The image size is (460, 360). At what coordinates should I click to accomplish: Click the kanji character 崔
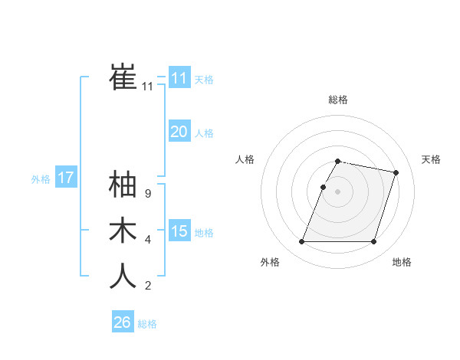click(x=123, y=77)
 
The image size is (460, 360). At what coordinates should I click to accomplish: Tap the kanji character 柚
click(x=123, y=185)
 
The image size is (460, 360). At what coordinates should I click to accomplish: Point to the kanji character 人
click(x=123, y=276)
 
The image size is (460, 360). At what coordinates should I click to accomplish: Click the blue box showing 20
click(x=179, y=132)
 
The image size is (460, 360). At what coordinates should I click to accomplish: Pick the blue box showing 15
click(x=179, y=231)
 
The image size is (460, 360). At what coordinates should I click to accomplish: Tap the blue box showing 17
click(x=65, y=178)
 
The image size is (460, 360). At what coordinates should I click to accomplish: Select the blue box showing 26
click(x=122, y=322)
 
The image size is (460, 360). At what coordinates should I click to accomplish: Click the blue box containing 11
click(x=179, y=77)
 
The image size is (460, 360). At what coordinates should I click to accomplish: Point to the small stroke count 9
click(x=148, y=195)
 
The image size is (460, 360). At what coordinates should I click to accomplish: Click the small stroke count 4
click(x=148, y=241)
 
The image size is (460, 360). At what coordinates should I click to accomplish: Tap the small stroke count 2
click(x=148, y=286)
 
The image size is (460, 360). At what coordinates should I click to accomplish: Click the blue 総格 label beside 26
click(x=147, y=324)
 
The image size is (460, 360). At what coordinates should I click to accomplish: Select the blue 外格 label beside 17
click(x=41, y=179)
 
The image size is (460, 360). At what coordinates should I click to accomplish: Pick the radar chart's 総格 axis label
click(x=337, y=100)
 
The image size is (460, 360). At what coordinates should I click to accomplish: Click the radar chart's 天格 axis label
click(x=431, y=159)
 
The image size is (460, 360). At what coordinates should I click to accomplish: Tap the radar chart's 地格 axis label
click(x=402, y=263)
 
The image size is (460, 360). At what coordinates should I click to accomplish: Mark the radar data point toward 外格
click(x=301, y=242)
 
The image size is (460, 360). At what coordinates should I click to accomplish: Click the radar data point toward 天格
click(x=396, y=173)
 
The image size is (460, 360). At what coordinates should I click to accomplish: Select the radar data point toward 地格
click(x=373, y=242)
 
